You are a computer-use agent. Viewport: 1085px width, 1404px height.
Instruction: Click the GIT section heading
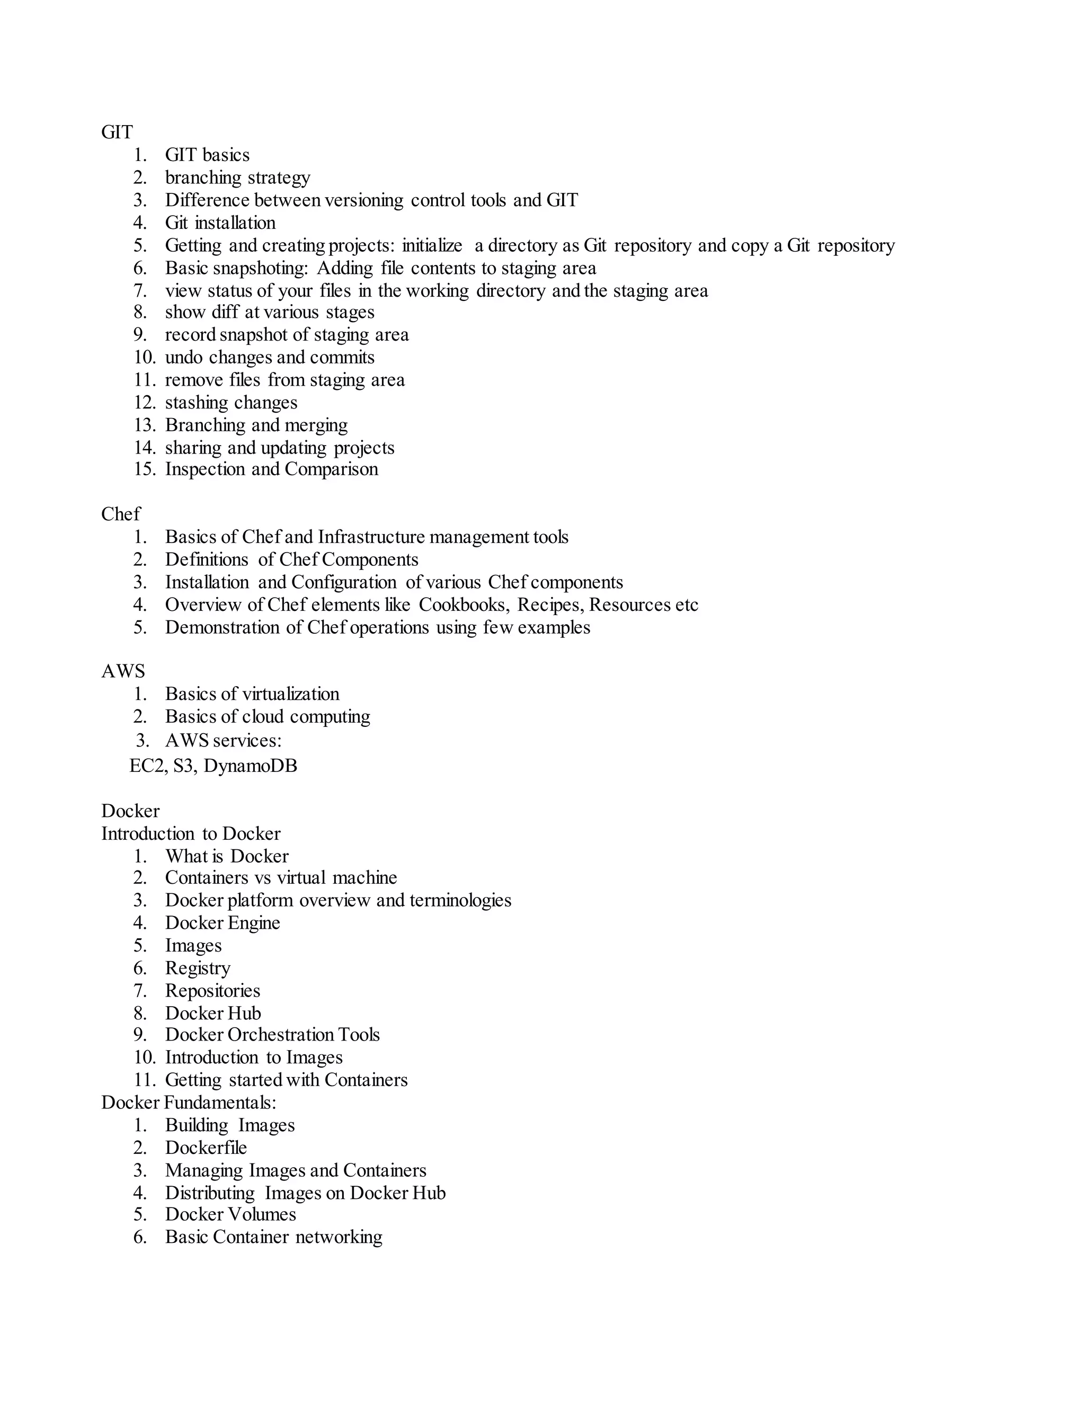(117, 132)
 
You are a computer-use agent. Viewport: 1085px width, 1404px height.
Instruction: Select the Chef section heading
(120, 514)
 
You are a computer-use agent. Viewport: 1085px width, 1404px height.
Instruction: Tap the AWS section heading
(123, 671)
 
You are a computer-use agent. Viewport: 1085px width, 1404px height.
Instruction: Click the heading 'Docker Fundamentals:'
(188, 1103)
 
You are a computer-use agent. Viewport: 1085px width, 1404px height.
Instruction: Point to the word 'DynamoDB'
(250, 766)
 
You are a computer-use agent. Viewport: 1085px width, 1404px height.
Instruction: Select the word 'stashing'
(192, 403)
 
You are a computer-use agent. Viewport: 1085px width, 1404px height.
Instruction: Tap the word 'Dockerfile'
(206, 1148)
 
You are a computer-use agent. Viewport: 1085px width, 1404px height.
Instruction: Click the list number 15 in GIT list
(144, 469)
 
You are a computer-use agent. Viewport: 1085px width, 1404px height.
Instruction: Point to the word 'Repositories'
(213, 991)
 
